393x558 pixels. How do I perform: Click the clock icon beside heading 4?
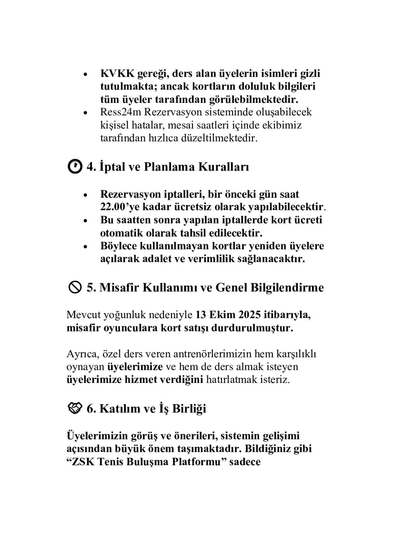click(x=74, y=166)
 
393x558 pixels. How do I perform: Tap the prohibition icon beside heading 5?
click(x=74, y=287)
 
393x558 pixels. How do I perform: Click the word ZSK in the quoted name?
click(x=82, y=462)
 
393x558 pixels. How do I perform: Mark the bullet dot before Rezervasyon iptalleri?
click(x=86, y=195)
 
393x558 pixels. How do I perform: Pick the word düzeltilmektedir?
click(x=219, y=138)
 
